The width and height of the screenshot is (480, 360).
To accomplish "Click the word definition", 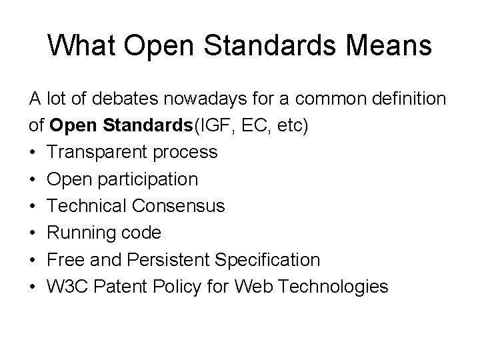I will (x=406, y=99).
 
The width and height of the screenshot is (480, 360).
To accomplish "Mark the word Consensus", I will (x=181, y=207).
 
